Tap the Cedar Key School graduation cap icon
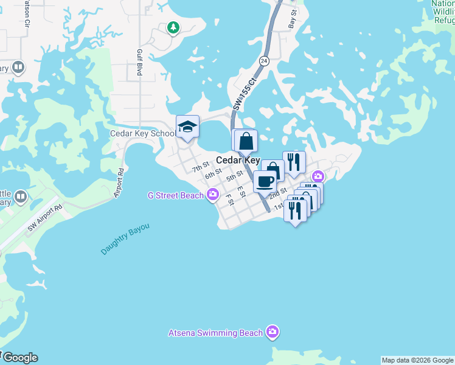[187, 127]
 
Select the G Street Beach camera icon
[212, 195]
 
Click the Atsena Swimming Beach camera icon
[273, 332]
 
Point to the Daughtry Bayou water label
[125, 239]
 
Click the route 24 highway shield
[263, 61]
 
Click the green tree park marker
[173, 27]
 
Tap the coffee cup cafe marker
[265, 181]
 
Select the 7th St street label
[201, 166]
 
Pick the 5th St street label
[235, 178]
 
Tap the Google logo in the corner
[19, 358]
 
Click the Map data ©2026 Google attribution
[418, 360]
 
